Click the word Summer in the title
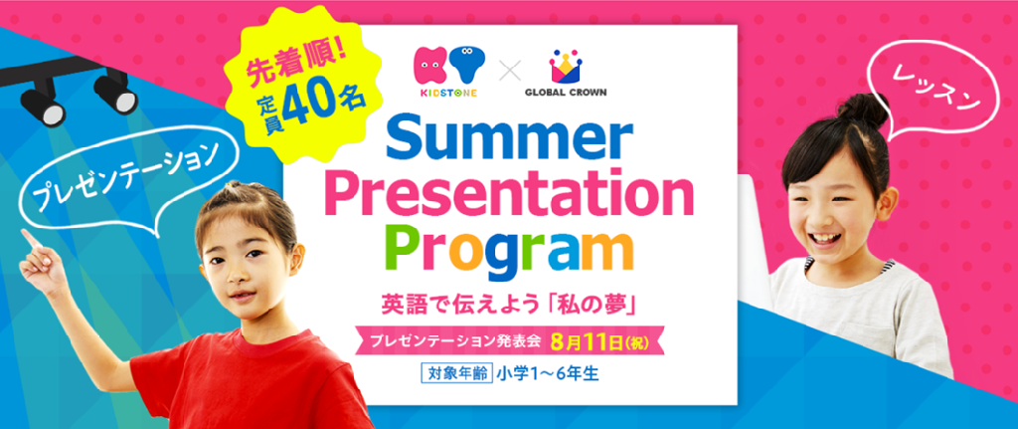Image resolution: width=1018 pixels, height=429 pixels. pyautogui.click(x=510, y=137)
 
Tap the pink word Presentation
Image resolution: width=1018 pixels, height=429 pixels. pyautogui.click(x=509, y=194)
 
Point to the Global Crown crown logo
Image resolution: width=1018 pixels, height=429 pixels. pyautogui.click(x=566, y=65)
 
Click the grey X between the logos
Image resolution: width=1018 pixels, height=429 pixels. pyautogui.click(x=510, y=71)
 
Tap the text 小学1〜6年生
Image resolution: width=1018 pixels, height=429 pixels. pyautogui.click(x=547, y=374)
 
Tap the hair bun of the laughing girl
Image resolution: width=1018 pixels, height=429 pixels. pyautogui.click(x=863, y=108)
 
